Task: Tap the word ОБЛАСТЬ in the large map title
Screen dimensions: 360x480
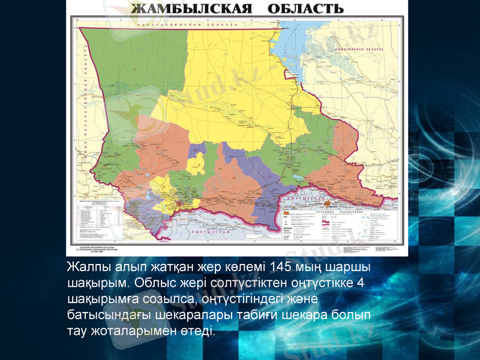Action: pyautogui.click(x=303, y=9)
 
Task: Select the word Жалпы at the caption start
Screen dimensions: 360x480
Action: pyautogui.click(x=88, y=266)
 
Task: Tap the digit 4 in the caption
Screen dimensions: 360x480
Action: pyautogui.click(x=359, y=283)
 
